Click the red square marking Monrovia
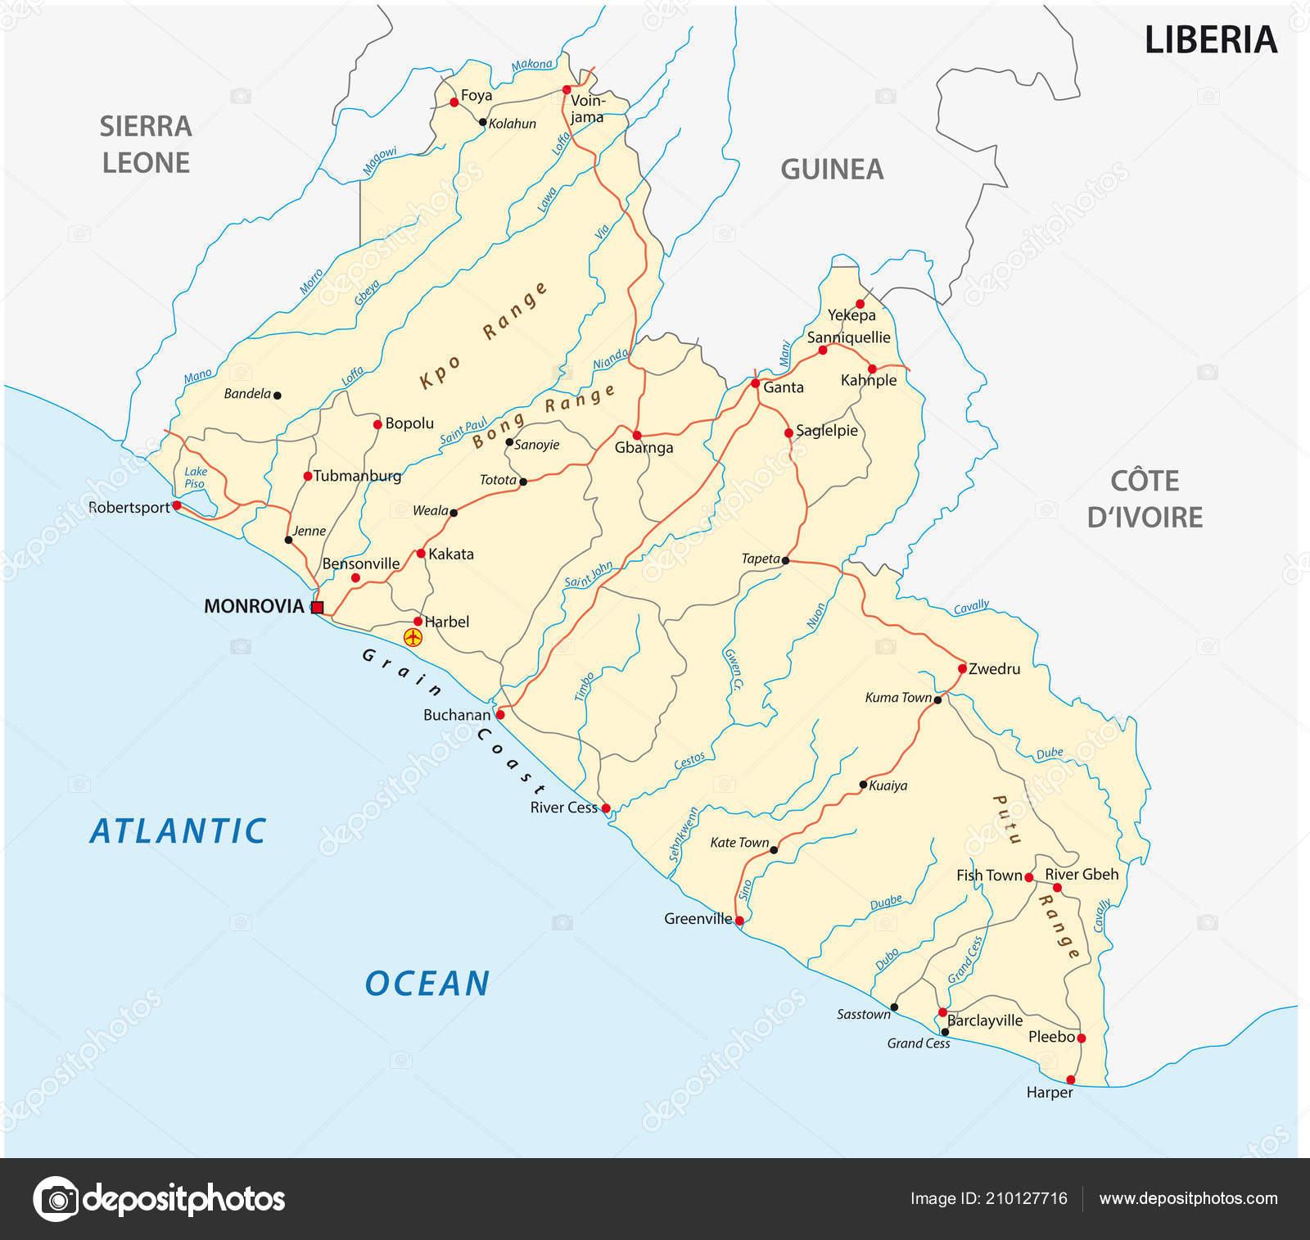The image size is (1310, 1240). pos(318,607)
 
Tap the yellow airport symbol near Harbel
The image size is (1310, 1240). pos(413,637)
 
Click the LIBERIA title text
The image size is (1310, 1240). pos(1210,40)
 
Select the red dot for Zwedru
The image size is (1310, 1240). pos(962,668)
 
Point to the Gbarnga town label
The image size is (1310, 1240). pos(644,448)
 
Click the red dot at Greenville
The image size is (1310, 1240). pos(739,921)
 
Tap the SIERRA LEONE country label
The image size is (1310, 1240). pos(146,144)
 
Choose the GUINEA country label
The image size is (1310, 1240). pos(832,170)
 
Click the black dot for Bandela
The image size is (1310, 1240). pos(278,395)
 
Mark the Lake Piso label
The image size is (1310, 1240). pos(195,477)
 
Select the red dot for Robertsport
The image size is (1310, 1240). pos(177,505)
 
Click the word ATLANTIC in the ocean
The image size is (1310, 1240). pos(178,831)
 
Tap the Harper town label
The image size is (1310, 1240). pos(1049,1093)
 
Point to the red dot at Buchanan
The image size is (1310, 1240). pos(500,714)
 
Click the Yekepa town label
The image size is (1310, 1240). pos(851,315)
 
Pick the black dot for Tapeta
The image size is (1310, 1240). pos(785,560)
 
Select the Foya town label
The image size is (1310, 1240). pos(477,96)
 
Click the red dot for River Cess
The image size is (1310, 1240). pos(606,808)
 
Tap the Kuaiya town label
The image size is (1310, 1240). pos(888,785)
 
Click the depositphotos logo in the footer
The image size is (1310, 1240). pos(159,1199)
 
